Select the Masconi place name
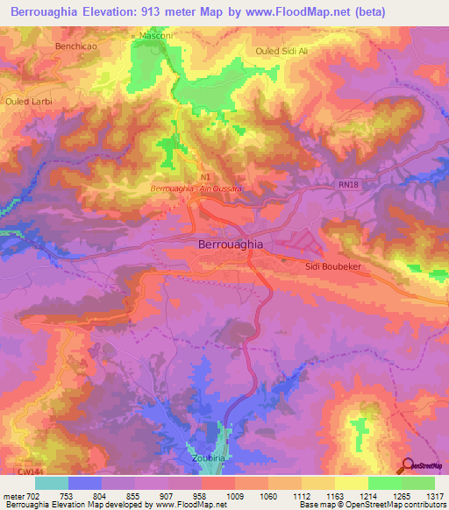click(159, 35)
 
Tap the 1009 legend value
click(234, 496)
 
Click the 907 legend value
click(167, 496)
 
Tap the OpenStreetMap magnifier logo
click(408, 465)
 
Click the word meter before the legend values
click(12, 496)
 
